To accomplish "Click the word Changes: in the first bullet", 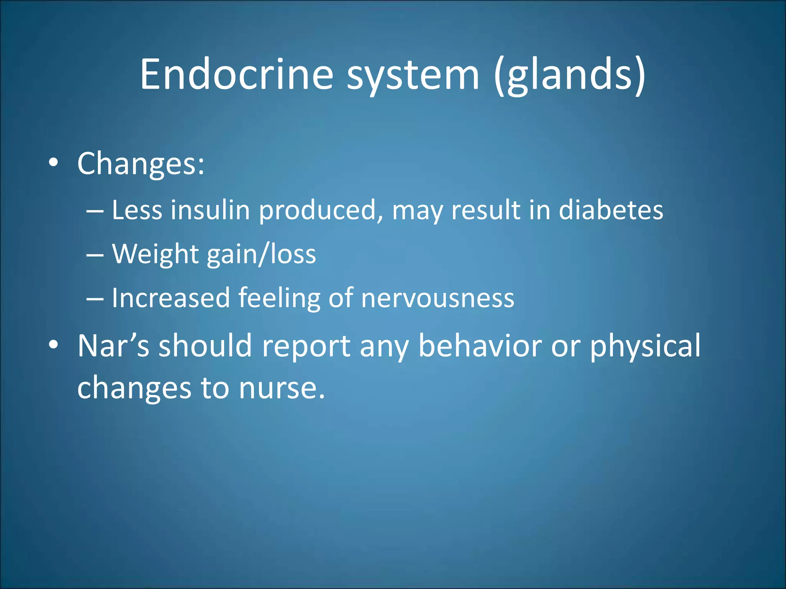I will coord(141,164).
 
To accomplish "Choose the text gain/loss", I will coord(261,254).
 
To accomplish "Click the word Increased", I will coord(170,298).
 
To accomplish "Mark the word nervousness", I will coord(438,298).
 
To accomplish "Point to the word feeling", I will coord(279,298).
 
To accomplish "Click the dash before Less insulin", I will coord(95,211).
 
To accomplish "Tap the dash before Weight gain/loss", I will coord(95,255).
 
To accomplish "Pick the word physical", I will coord(645,346).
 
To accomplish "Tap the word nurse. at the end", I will coord(282,388).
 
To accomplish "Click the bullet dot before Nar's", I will coord(54,344).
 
